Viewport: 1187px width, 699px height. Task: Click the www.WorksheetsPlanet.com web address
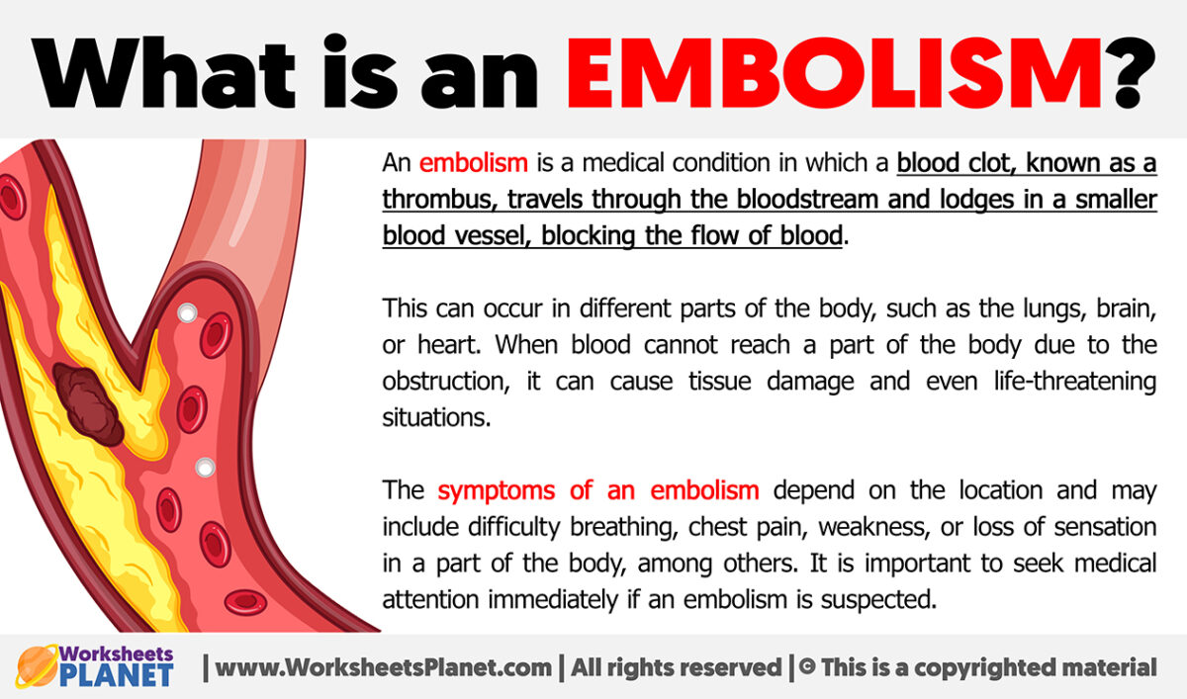pos(383,667)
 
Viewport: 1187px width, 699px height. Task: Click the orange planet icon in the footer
pos(39,667)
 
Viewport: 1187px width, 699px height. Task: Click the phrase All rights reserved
pos(672,667)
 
